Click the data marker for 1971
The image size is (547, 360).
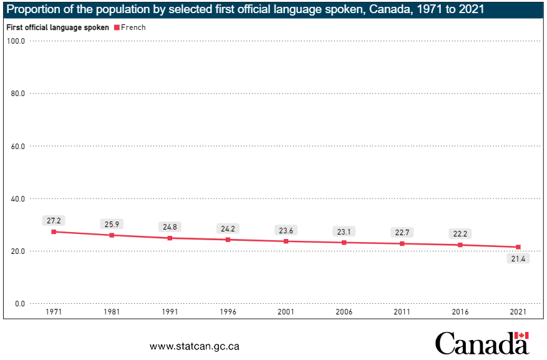54,231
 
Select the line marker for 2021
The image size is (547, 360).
518,247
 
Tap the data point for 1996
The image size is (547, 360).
228,240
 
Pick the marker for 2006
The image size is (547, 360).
344,242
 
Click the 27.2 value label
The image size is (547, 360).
54,220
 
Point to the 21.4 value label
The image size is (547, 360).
518,259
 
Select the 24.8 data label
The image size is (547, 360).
170,226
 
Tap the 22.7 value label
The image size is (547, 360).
402,232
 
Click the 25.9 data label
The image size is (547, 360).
112,223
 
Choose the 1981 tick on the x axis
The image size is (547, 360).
112,311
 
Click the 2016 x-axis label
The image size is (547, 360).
460,311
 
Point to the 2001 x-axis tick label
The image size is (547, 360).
286,311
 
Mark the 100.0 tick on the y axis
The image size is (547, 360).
15,41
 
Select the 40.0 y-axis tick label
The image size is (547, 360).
16,199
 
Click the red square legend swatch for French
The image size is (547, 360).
116,27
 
